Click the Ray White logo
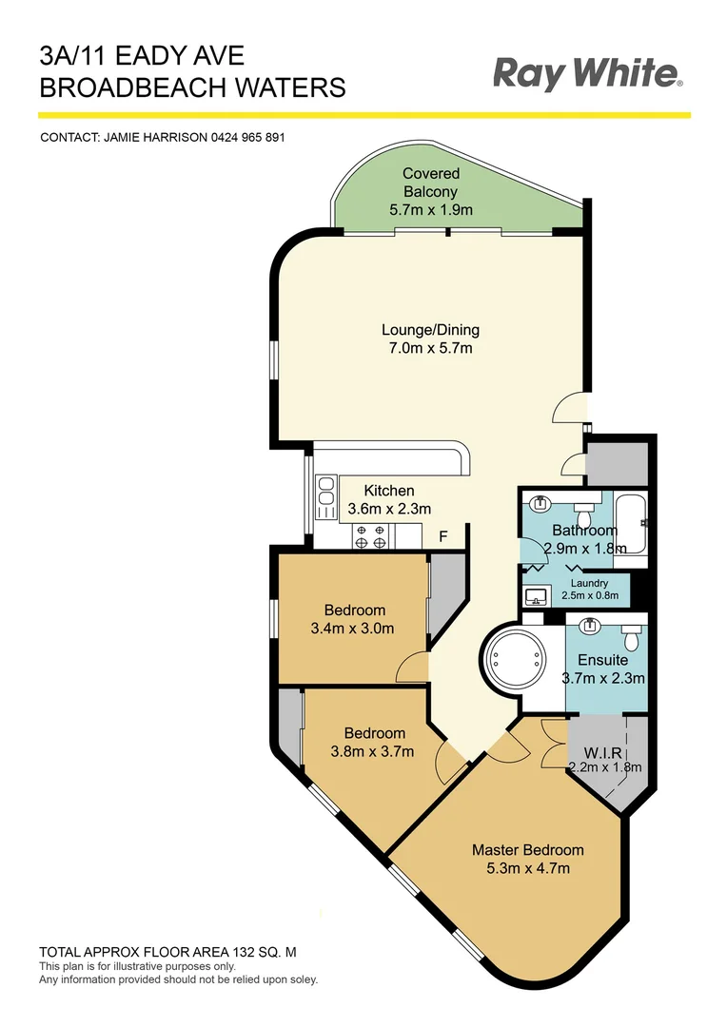587,73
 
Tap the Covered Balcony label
430,183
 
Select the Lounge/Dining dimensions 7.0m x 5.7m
430,348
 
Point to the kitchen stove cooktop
369,535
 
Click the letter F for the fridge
442,536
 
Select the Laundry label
589,583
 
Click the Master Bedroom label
527,850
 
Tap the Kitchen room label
389,491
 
